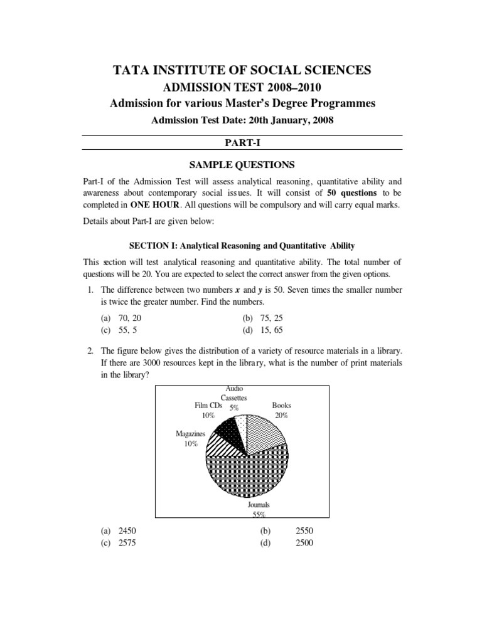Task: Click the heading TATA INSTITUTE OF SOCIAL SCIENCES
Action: pos(240,71)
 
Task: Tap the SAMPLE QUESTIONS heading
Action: pos(240,165)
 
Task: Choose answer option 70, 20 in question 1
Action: pos(122,318)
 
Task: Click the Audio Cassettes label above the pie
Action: pos(234,397)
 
